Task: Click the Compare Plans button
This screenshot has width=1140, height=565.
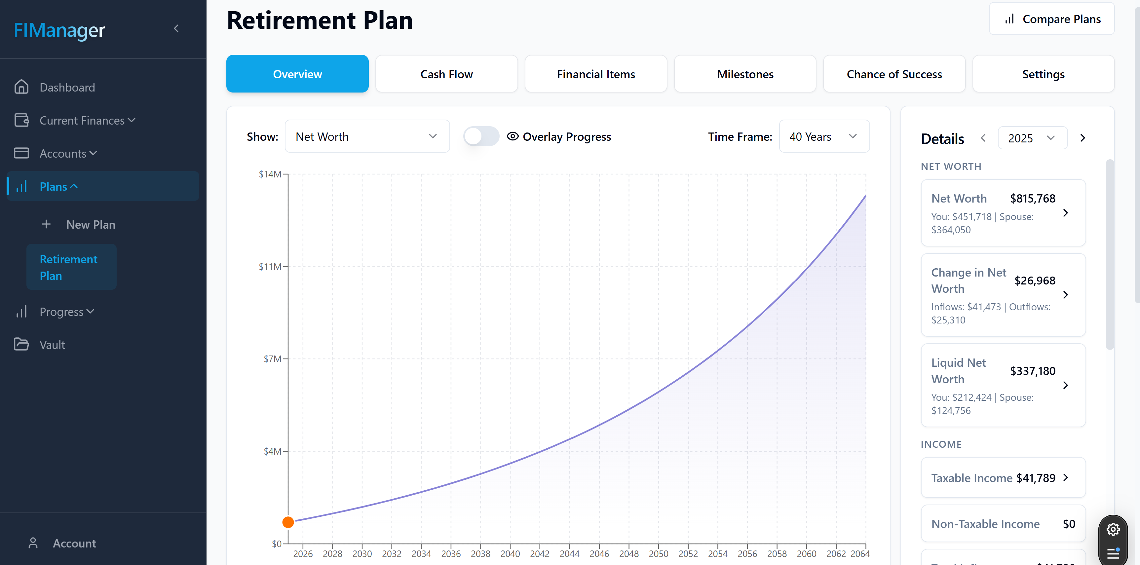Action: [x=1051, y=19]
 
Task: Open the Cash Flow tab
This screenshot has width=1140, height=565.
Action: [x=446, y=74]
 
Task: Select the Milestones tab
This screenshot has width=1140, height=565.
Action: [x=745, y=74]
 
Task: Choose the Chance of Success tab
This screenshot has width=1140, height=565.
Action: [x=894, y=74]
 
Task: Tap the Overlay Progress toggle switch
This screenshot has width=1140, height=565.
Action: [x=481, y=136]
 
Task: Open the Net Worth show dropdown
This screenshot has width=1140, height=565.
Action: [x=367, y=136]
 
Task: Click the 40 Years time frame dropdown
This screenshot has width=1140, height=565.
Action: [x=824, y=136]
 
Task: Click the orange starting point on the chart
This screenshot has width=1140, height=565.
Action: [x=288, y=522]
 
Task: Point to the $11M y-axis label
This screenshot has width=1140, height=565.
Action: [x=270, y=266]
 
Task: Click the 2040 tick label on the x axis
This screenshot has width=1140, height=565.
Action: [x=510, y=553]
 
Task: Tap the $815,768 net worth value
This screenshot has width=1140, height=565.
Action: [x=1033, y=198]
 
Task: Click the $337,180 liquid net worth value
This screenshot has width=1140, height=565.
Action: [x=1033, y=371]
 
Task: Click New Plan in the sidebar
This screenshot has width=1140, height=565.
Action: [x=91, y=224]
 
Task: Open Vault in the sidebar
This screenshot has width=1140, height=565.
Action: [x=52, y=345]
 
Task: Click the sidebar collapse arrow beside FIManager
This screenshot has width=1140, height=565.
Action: [x=176, y=29]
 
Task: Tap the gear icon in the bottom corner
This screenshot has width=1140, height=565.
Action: [x=1113, y=529]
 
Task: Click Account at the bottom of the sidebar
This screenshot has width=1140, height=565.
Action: [x=74, y=543]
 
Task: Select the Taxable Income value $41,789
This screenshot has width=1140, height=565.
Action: [x=1036, y=478]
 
